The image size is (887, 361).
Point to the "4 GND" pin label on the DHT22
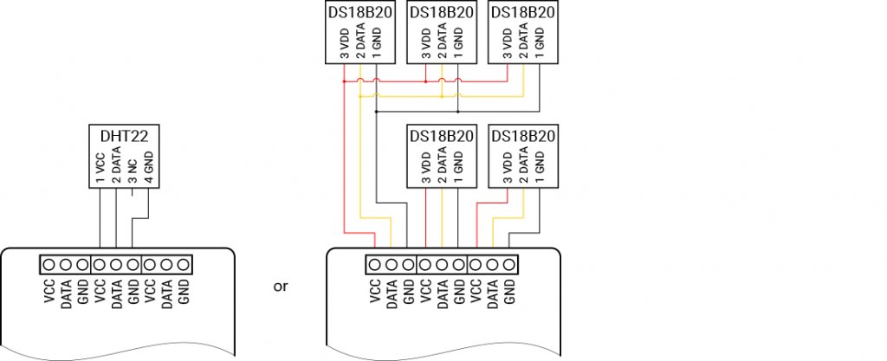click(x=149, y=168)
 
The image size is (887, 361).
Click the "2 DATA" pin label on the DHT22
click(x=116, y=166)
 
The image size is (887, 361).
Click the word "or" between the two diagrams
click(x=280, y=286)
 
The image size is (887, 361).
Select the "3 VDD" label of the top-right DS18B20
click(x=507, y=42)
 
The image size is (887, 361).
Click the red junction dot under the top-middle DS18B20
click(x=426, y=81)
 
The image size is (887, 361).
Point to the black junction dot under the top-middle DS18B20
click(x=457, y=111)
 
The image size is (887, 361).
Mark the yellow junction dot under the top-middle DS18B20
click(x=442, y=96)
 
